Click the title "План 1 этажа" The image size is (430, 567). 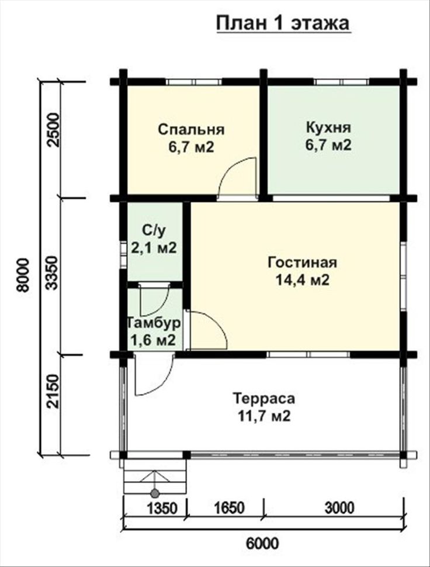[x=283, y=23]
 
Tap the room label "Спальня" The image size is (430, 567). [x=192, y=129]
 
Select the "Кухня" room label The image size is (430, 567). [x=328, y=127]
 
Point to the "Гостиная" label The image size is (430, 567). [x=303, y=262]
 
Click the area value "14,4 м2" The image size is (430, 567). [x=303, y=280]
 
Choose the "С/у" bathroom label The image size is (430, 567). [x=153, y=230]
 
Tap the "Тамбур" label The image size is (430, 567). [x=153, y=323]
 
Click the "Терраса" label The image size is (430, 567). [x=263, y=399]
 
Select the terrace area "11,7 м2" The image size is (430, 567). [x=264, y=416]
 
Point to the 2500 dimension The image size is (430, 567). [x=53, y=129]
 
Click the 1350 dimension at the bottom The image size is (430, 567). [x=162, y=508]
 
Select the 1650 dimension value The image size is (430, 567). [x=230, y=508]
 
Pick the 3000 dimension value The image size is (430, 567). [x=339, y=508]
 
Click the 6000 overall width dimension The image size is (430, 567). [x=263, y=543]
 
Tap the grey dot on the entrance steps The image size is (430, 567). [x=155, y=493]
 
